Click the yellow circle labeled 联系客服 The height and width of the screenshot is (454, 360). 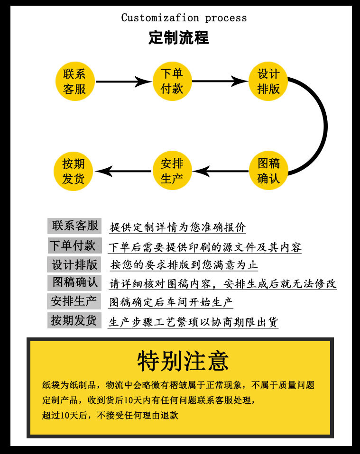point(75,82)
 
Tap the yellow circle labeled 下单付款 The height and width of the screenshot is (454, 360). point(172,82)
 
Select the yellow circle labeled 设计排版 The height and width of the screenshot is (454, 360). point(268,82)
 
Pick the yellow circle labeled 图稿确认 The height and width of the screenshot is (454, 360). point(268,171)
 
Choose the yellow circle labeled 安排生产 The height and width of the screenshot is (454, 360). point(172,171)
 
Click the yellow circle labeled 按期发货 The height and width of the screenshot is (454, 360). point(74,171)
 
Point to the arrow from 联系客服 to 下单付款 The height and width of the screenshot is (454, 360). point(124,82)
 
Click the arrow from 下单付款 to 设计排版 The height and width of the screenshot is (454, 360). point(220,82)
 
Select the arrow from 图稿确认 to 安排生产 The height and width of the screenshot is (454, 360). point(221,171)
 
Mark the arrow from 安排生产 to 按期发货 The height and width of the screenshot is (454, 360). point(123,171)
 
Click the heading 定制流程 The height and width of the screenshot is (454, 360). point(179,37)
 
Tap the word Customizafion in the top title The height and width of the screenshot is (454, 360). point(160,18)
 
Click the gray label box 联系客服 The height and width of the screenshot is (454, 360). point(74,226)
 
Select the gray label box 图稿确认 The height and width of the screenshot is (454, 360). point(74,282)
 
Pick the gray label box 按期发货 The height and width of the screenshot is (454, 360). point(74,320)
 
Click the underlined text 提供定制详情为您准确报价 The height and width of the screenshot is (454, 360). point(178,227)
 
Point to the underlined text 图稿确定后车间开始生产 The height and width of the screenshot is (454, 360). point(171,302)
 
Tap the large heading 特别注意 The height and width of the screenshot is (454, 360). point(183,361)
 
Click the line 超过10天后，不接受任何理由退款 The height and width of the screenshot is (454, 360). point(110,416)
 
